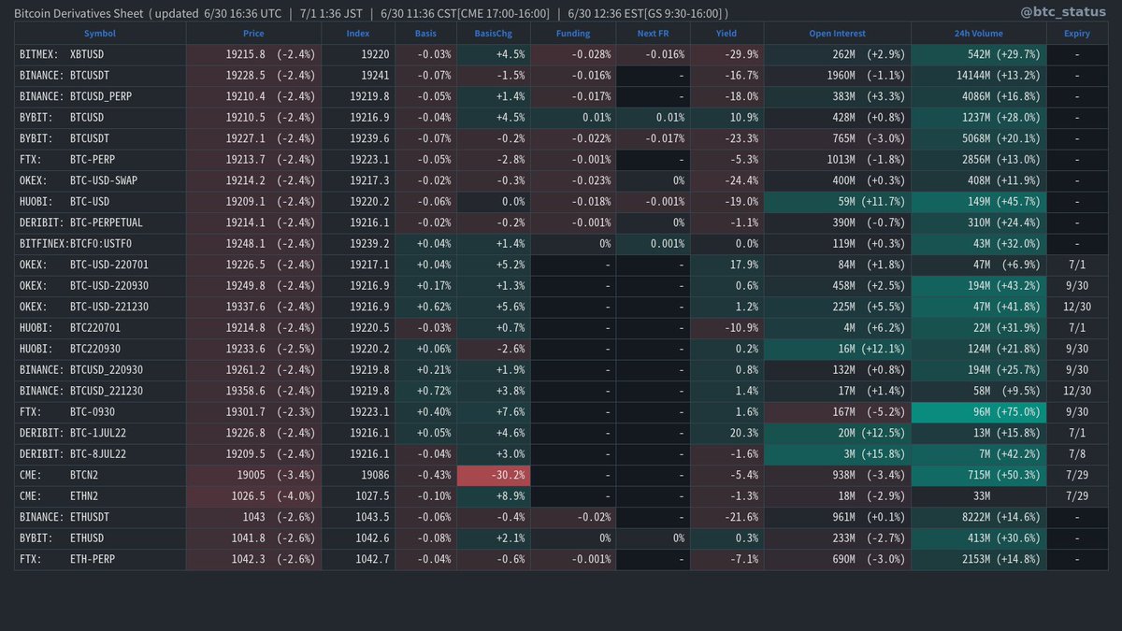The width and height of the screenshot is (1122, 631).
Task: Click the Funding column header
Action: [572, 33]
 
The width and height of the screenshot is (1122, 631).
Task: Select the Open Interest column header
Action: [836, 33]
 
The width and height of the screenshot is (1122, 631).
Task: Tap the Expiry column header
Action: [1075, 33]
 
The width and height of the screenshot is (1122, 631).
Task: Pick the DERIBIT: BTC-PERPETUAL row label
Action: [79, 222]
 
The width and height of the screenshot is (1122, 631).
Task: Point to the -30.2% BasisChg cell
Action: [493, 475]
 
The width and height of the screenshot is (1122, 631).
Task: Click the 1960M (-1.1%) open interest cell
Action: [837, 75]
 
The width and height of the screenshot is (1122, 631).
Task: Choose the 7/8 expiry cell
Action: [1076, 454]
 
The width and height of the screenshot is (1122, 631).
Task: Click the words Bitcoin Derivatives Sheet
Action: [79, 13]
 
